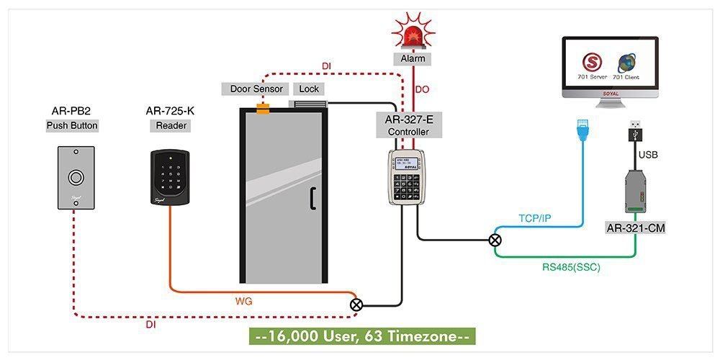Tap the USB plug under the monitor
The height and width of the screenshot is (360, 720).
pyautogui.click(x=637, y=132)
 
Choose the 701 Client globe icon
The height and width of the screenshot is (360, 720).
pyautogui.click(x=625, y=60)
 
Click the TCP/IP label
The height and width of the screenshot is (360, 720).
pyautogui.click(x=536, y=217)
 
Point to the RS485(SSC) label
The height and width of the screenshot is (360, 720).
pyautogui.click(x=571, y=267)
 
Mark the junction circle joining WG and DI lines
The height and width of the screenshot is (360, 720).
pyautogui.click(x=356, y=305)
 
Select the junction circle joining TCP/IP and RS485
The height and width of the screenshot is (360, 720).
pyautogui.click(x=495, y=240)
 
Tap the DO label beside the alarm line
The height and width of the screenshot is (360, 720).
pyautogui.click(x=423, y=90)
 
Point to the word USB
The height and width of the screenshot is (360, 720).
pyautogui.click(x=648, y=154)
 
